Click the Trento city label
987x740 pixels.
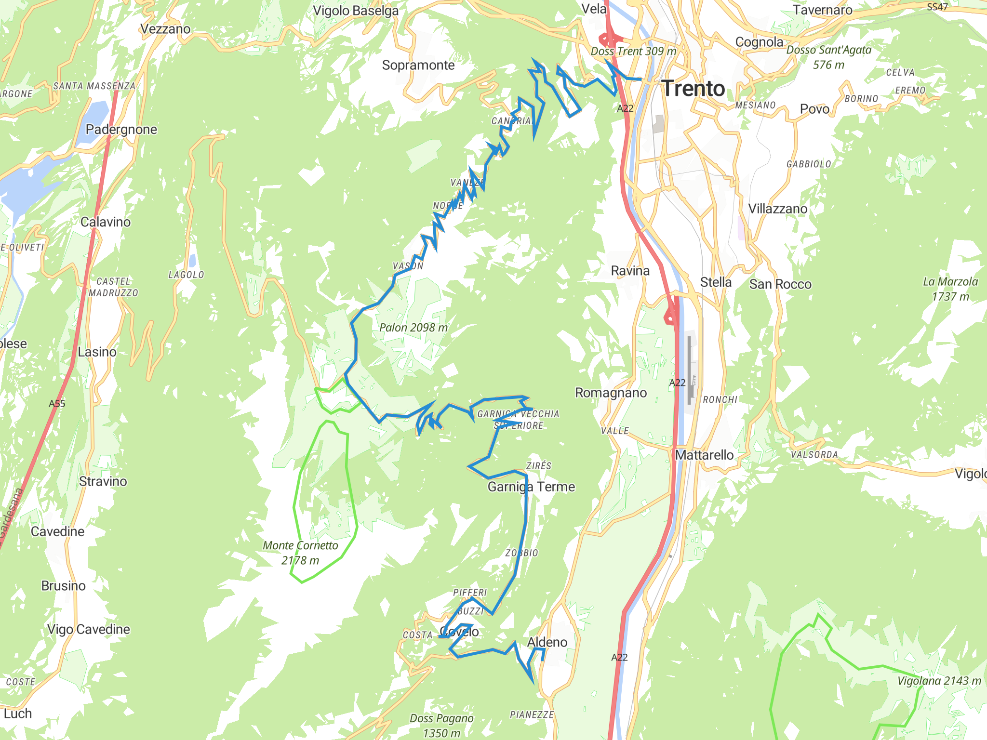point(693,89)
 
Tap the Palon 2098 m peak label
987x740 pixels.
point(413,328)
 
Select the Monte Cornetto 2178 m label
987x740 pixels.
point(300,553)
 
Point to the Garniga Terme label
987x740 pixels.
point(531,487)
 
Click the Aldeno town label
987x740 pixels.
point(547,642)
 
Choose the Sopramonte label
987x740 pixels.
point(418,65)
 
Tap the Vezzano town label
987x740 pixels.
point(165,29)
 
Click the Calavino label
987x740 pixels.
point(106,222)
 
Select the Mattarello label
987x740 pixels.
point(704,455)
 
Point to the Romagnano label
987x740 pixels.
point(611,393)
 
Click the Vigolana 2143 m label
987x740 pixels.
point(939,681)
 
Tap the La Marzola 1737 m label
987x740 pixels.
point(950,289)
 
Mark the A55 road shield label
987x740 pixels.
point(57,404)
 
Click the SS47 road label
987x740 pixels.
point(937,7)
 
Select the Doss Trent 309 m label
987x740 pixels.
point(633,51)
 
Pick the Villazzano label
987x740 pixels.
point(777,209)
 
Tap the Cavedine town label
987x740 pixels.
point(57,531)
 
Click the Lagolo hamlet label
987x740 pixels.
point(186,275)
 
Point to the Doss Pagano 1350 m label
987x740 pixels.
point(441,726)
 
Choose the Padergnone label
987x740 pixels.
point(121,129)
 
